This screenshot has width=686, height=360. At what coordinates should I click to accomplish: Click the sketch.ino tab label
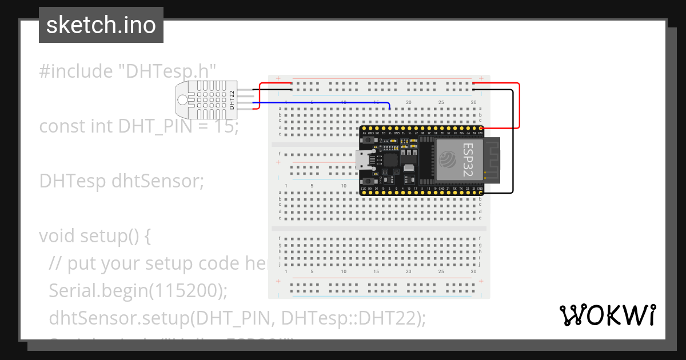(101, 25)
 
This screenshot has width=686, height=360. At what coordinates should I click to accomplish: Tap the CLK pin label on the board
(363, 188)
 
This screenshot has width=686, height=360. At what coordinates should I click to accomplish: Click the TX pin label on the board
(453, 188)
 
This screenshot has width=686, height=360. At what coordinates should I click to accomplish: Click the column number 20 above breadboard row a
(408, 102)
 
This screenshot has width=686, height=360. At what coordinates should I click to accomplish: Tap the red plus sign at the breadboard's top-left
(278, 78)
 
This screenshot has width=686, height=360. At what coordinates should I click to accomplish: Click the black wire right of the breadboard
(512, 143)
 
